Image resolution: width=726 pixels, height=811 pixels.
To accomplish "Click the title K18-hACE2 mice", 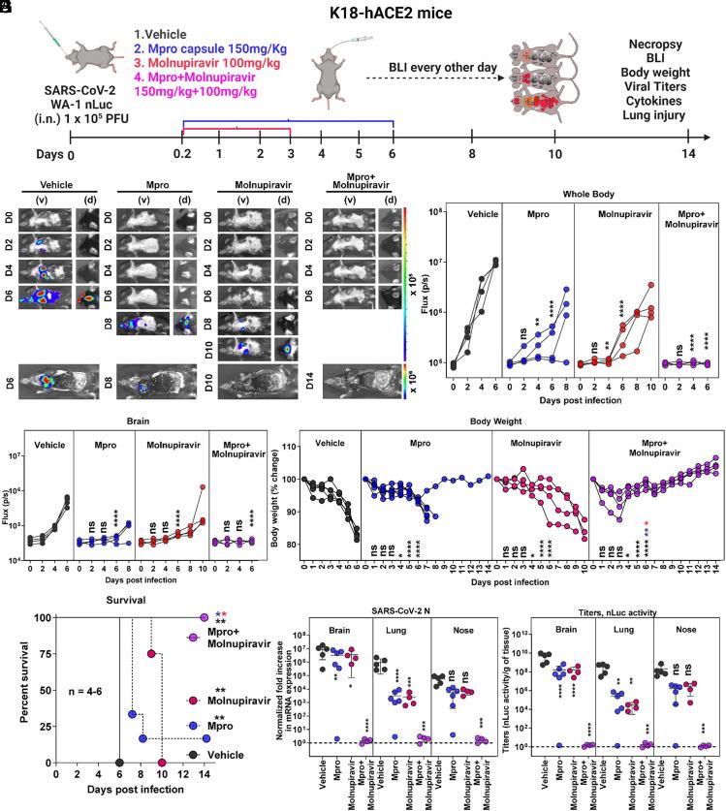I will click(363, 14).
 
